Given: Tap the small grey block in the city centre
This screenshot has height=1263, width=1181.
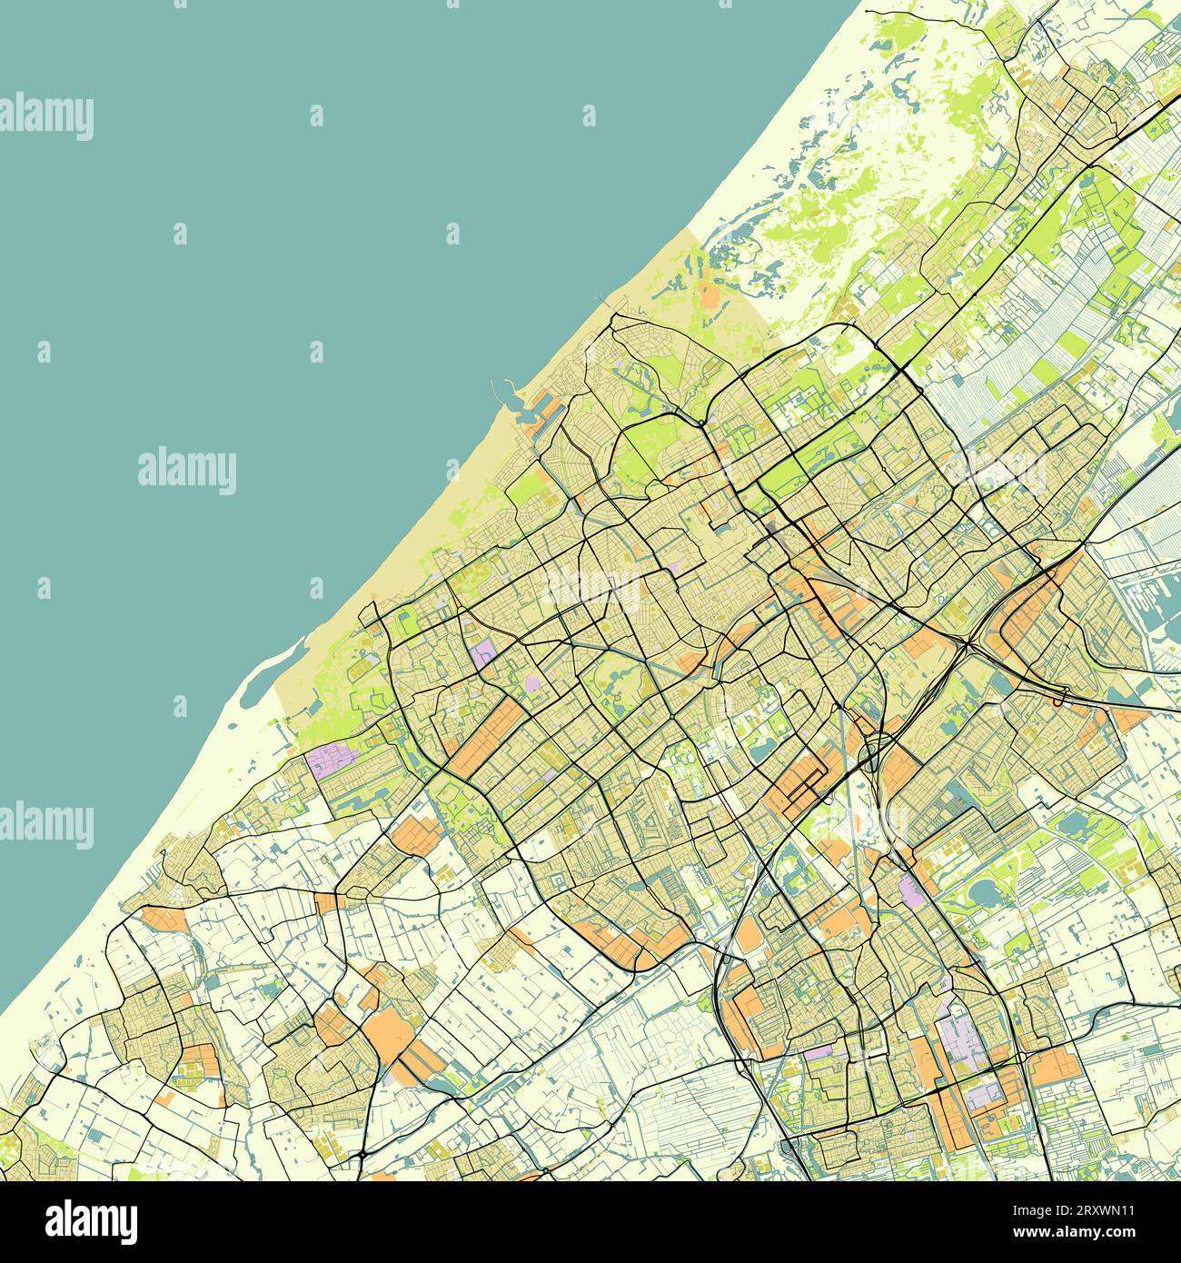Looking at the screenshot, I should [x=772, y=530].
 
